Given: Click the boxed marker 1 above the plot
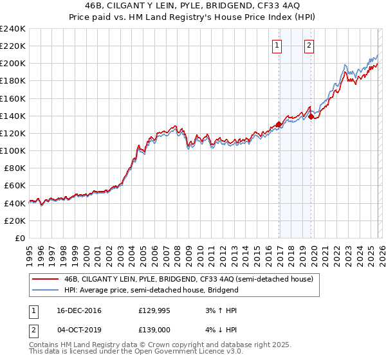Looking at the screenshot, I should point(277,45).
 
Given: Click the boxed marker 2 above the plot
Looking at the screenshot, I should point(309,45).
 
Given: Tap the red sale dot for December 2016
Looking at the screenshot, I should point(279,124).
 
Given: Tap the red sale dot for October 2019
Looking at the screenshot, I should point(311,116).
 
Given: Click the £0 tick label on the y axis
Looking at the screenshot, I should point(19,238).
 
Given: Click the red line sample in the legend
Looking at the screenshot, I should point(46,279).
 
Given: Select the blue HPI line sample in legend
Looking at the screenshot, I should point(46,290).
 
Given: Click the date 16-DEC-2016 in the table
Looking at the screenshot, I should point(78,310).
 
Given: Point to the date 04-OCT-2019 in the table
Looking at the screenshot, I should point(78,328).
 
